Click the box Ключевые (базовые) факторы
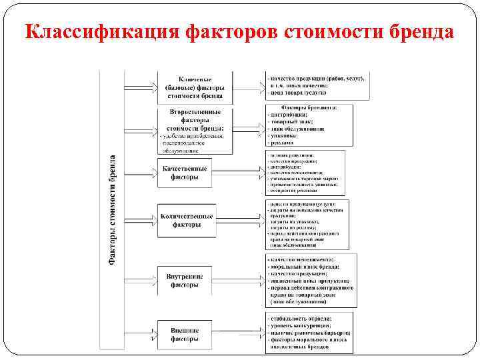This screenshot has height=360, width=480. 195,86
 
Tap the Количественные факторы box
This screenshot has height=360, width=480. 187,221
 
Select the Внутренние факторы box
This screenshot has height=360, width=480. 185,281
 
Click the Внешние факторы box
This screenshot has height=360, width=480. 185,334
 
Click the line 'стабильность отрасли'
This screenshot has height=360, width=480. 300,318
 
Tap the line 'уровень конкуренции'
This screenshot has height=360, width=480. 300,325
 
